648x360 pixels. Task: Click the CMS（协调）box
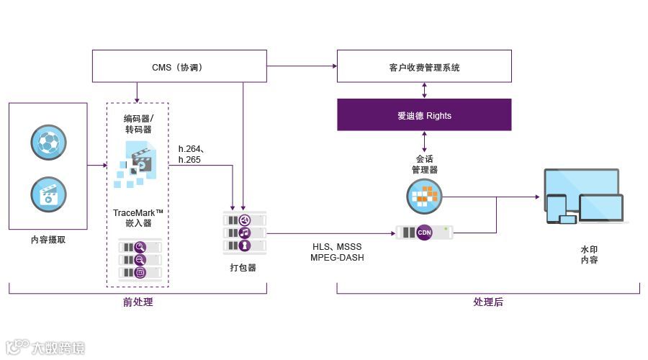tap(179, 66)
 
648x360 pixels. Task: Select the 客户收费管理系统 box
tap(424, 66)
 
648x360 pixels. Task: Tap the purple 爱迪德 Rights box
tap(424, 115)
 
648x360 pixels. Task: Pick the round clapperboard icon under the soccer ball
tap(48, 194)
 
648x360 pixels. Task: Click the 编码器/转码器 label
tap(138, 124)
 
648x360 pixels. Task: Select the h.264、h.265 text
tap(189, 155)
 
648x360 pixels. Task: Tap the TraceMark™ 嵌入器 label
tap(138, 218)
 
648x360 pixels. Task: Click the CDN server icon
tap(425, 233)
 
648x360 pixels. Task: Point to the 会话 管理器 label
tap(424, 164)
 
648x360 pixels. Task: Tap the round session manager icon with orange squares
tap(424, 195)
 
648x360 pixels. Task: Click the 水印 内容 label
tap(589, 255)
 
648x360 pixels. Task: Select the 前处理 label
tap(138, 302)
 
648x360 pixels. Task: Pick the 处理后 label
tap(488, 302)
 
